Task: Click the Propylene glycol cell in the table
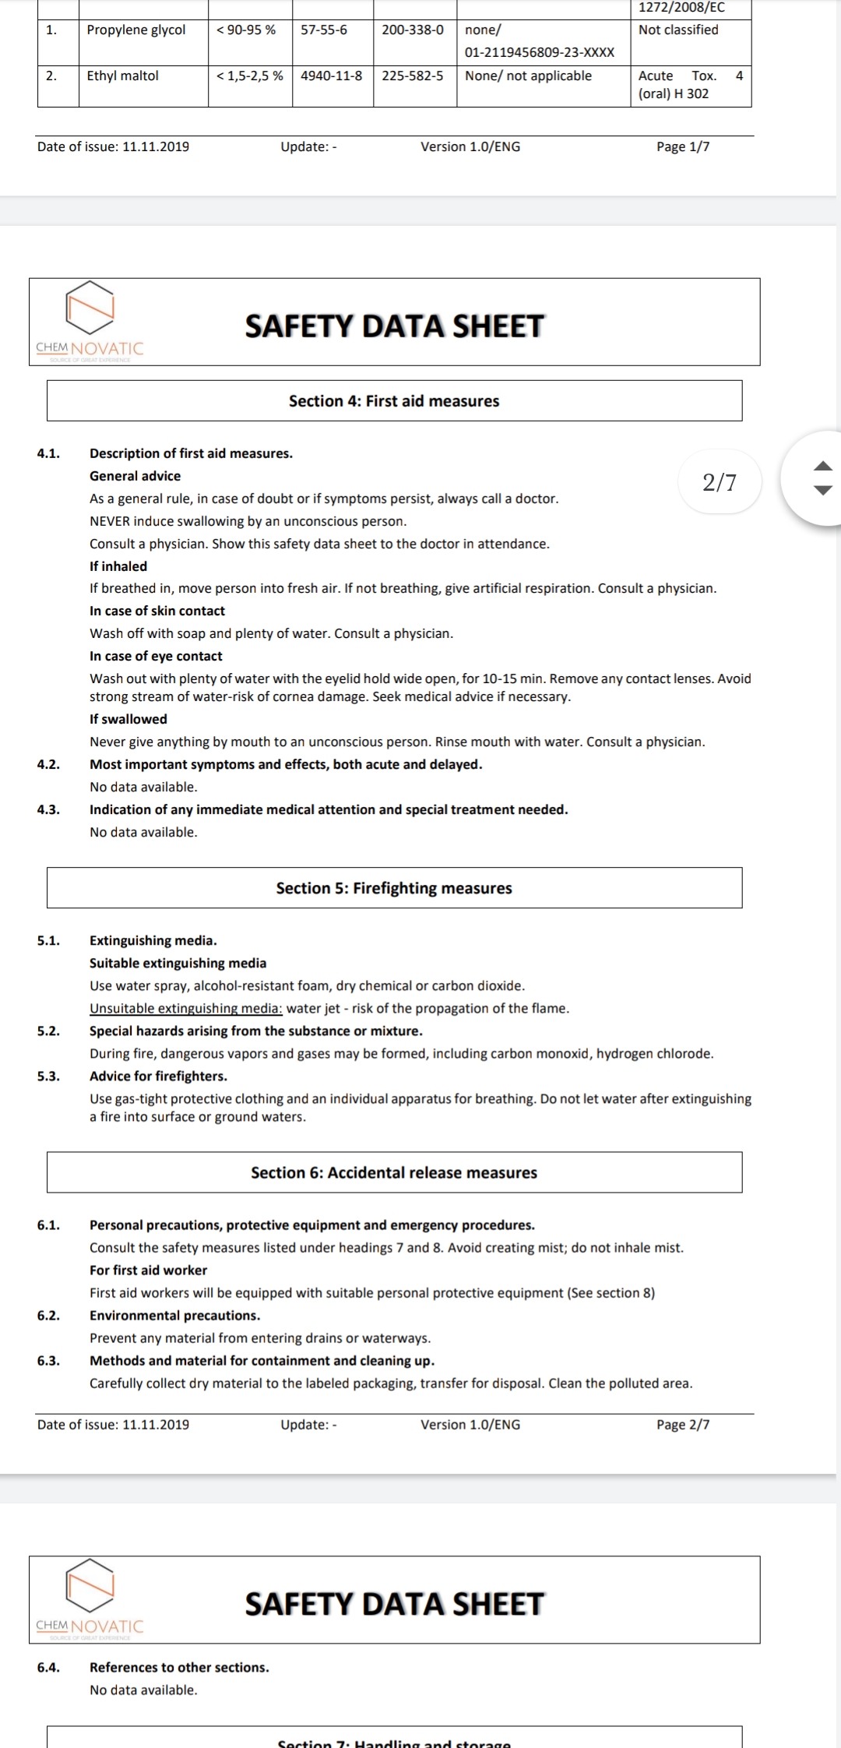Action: [x=136, y=30]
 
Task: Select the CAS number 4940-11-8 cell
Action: [x=332, y=76]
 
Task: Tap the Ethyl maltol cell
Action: [x=123, y=76]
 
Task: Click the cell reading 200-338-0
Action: [x=413, y=30]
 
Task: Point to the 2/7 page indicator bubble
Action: [x=719, y=482]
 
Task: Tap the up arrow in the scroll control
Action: [x=823, y=467]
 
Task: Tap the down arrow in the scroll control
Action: [x=823, y=491]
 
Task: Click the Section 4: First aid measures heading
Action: [x=394, y=401]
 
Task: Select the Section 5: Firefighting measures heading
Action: [x=394, y=889]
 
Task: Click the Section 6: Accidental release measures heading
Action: [x=394, y=1173]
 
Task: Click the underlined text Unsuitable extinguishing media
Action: [x=186, y=1009]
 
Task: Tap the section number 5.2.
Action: [x=48, y=1031]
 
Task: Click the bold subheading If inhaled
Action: [x=118, y=566]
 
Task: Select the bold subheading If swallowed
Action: [x=128, y=719]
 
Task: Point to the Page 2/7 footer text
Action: [x=683, y=1425]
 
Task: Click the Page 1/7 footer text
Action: [x=683, y=147]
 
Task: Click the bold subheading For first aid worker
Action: [x=149, y=1270]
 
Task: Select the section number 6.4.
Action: [x=48, y=1668]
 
